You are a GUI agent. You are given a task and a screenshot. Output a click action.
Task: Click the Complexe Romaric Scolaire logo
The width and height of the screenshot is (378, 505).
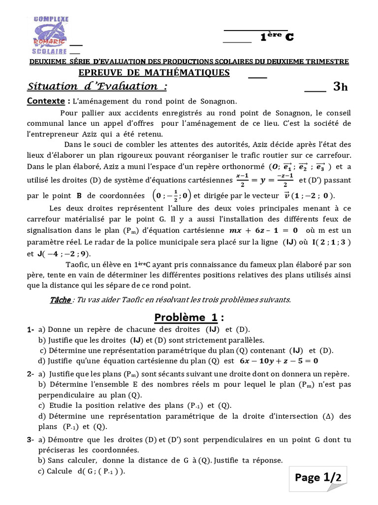51,36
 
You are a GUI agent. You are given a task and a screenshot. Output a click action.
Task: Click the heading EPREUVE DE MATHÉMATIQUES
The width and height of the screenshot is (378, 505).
154,73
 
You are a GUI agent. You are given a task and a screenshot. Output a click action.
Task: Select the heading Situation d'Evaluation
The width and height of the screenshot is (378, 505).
96,87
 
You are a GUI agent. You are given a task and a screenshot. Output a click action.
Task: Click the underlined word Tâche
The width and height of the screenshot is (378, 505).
61,299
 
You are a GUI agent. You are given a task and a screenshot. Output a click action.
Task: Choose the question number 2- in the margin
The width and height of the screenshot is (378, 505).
31,374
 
